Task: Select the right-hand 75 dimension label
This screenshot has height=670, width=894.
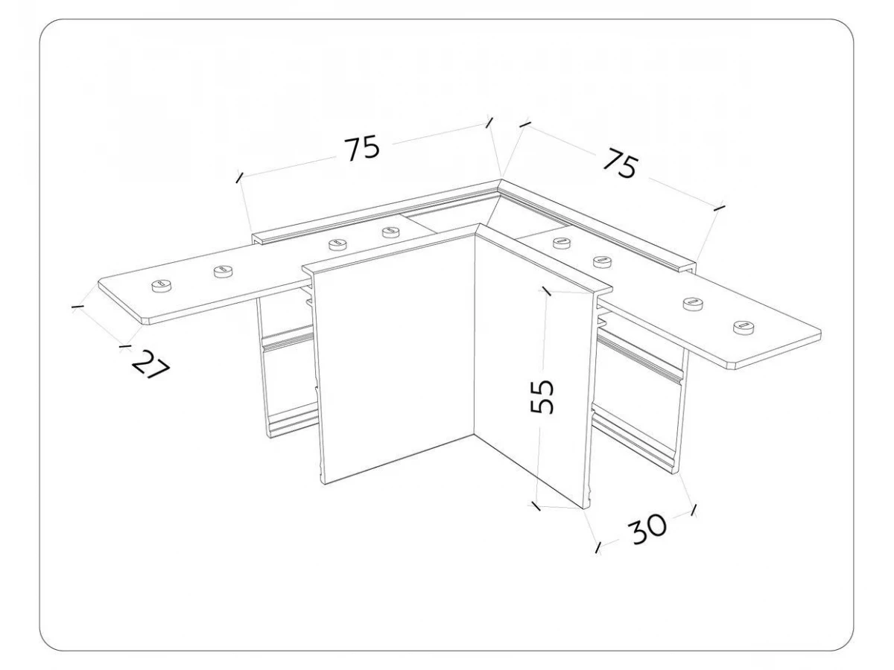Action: tap(619, 163)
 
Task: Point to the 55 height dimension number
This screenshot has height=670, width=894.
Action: tap(542, 397)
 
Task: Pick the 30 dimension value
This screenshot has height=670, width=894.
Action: tap(648, 529)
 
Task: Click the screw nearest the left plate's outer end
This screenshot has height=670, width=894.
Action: tap(162, 286)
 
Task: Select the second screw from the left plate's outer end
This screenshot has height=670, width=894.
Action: tap(223, 271)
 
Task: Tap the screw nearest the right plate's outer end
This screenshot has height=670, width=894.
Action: tap(743, 327)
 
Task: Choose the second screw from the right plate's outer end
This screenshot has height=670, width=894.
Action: tap(693, 304)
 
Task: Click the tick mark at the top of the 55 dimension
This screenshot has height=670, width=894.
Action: tap(546, 291)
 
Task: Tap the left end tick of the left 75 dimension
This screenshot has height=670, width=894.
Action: tap(239, 177)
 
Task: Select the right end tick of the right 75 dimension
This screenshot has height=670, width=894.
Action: tap(720, 208)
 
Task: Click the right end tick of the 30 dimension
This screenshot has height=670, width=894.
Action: tap(694, 510)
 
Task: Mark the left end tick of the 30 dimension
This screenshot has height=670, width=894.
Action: tap(598, 548)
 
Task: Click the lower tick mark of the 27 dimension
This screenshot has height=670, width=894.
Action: tap(125, 346)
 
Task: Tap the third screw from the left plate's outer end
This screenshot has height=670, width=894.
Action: tap(338, 244)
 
